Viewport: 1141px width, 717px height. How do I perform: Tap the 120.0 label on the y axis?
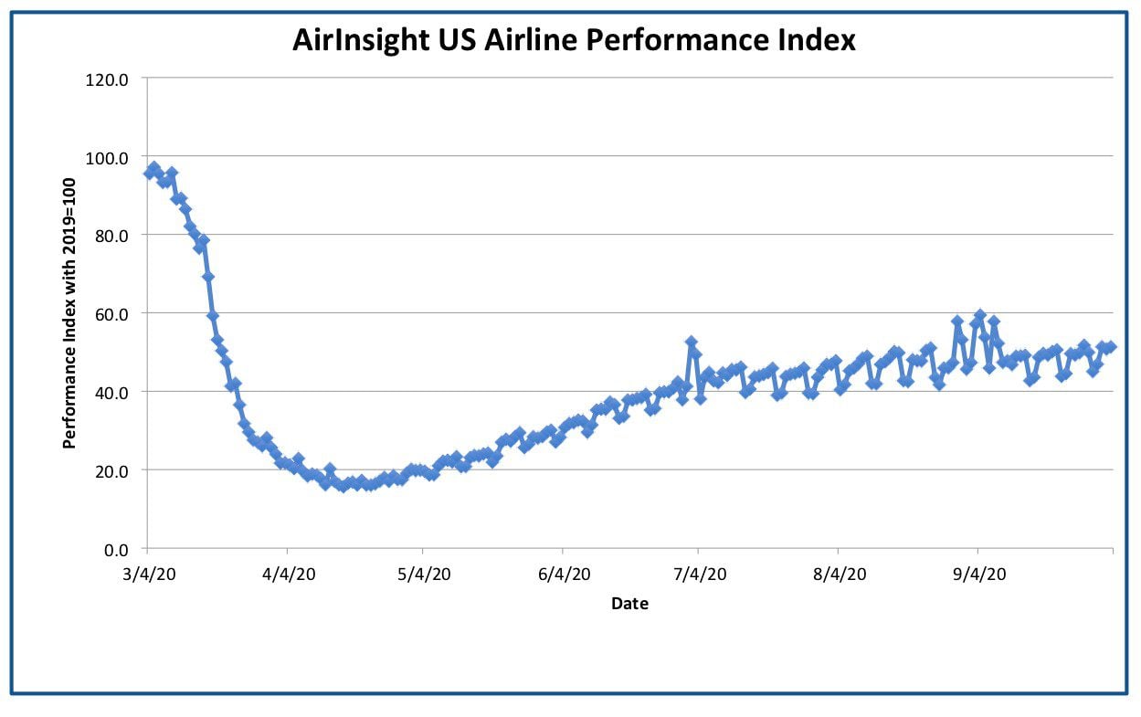tap(107, 80)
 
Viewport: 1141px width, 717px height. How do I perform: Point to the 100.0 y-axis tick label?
tap(107, 158)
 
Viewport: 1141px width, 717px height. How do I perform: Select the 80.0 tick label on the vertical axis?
tap(111, 237)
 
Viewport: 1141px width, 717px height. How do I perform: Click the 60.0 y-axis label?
tap(111, 315)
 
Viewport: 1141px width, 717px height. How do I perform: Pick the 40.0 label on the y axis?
tap(111, 393)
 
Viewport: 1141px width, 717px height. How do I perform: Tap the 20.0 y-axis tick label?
tap(111, 471)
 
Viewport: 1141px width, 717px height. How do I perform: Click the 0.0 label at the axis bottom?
tap(116, 550)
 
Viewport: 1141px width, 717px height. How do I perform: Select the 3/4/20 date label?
tap(149, 575)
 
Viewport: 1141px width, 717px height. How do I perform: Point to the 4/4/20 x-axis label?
tap(289, 575)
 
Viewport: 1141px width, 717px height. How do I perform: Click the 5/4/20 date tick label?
tap(424, 575)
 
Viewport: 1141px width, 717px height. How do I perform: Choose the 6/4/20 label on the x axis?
tap(564, 575)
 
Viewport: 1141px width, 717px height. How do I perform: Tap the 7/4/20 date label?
tap(700, 575)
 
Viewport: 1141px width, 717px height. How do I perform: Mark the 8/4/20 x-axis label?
tap(840, 575)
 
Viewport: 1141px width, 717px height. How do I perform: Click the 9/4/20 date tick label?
tap(979, 575)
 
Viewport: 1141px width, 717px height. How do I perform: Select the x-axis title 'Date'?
tap(629, 604)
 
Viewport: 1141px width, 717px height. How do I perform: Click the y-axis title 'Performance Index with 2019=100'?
tap(69, 313)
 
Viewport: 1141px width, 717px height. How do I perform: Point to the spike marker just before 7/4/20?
tap(692, 342)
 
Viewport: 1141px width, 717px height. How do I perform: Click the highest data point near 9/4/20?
tap(980, 315)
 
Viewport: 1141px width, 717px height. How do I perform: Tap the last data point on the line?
tap(1111, 347)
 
